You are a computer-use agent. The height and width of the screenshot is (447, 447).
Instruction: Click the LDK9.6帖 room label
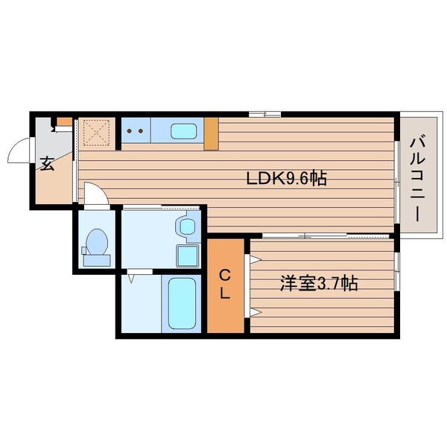(x=287, y=179)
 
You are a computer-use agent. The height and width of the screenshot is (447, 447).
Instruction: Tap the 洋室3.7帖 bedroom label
(x=319, y=284)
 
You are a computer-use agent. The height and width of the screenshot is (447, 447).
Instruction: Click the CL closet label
(x=224, y=284)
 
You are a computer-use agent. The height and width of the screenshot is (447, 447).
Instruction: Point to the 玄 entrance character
(x=47, y=163)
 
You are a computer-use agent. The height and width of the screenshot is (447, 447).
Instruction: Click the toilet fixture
(x=95, y=245)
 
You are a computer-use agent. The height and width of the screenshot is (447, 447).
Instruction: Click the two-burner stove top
(x=136, y=132)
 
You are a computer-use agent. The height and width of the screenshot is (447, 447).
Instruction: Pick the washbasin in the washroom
(x=185, y=226)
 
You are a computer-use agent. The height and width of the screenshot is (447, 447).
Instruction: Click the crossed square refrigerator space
(x=97, y=133)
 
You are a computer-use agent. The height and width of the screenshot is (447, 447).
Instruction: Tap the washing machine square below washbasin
(x=186, y=255)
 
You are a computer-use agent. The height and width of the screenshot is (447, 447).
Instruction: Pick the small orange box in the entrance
(x=65, y=122)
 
